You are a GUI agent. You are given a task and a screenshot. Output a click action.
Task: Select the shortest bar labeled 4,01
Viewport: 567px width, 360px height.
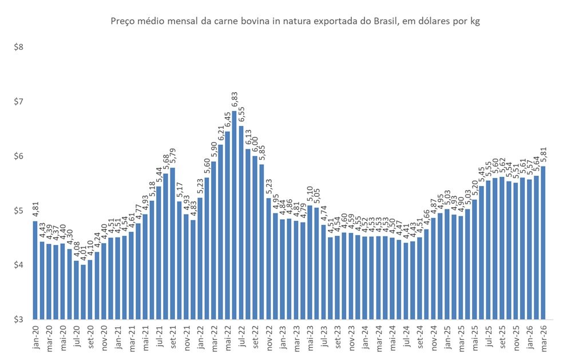point(83,292)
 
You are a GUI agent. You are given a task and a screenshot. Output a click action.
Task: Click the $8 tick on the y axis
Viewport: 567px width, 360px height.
point(18,47)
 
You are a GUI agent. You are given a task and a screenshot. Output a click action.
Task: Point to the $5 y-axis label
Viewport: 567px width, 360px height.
point(18,211)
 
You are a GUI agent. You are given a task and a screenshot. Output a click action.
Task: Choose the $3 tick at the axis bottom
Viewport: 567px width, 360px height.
point(18,319)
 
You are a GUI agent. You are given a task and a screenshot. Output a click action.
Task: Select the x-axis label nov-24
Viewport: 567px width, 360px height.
point(433,337)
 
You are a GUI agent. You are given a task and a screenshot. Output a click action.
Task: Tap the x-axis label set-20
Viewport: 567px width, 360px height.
point(90,337)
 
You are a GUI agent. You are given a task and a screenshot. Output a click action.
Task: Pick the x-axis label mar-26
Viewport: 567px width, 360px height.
point(543,337)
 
